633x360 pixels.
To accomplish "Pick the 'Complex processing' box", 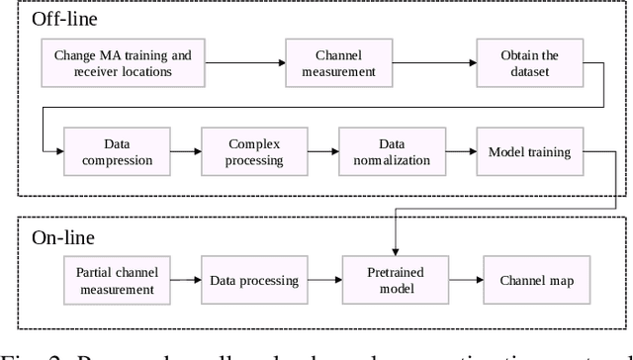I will (252, 151).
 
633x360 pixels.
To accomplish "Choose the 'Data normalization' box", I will (391, 151).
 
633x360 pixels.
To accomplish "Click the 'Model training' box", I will (529, 151).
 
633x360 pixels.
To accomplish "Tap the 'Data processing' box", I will (253, 281).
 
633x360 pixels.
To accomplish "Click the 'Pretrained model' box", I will (392, 281).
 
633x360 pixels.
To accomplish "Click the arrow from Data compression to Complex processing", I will (185, 151).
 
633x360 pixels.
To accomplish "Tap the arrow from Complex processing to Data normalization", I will (322, 151).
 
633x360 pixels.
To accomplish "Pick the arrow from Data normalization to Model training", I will (460, 151).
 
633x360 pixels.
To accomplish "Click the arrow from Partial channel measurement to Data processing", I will (185, 281).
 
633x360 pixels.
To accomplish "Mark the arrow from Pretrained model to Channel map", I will (460, 281).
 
